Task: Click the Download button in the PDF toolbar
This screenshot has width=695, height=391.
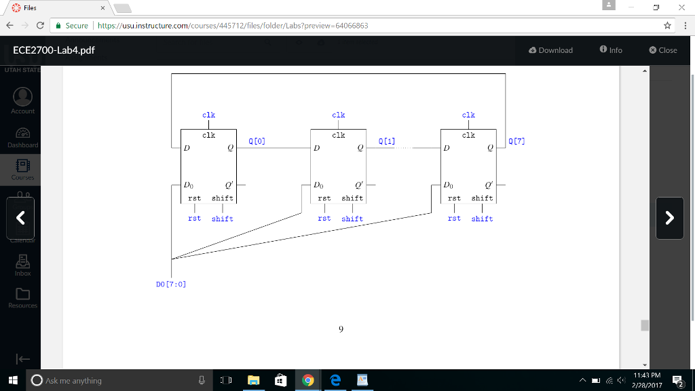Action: point(550,50)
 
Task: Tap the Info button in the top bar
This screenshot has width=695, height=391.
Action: point(611,50)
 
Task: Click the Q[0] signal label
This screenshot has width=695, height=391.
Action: point(257,141)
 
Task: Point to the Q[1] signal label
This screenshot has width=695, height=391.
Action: point(386,141)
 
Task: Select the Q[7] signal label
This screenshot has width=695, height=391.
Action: point(516,141)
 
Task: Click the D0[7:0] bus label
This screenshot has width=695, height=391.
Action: point(171,284)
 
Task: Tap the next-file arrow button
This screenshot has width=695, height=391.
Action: point(669,218)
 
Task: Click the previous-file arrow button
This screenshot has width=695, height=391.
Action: point(20,218)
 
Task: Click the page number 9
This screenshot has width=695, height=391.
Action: point(341,329)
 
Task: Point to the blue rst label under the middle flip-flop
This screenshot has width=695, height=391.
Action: point(324,219)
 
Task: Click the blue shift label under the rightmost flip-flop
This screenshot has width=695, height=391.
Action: point(482,219)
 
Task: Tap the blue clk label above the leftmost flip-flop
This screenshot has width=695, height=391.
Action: point(208,115)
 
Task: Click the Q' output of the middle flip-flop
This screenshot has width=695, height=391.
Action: point(358,185)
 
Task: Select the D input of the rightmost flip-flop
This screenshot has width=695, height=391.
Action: point(446,148)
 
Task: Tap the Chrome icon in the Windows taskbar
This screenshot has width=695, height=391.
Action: point(307,381)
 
